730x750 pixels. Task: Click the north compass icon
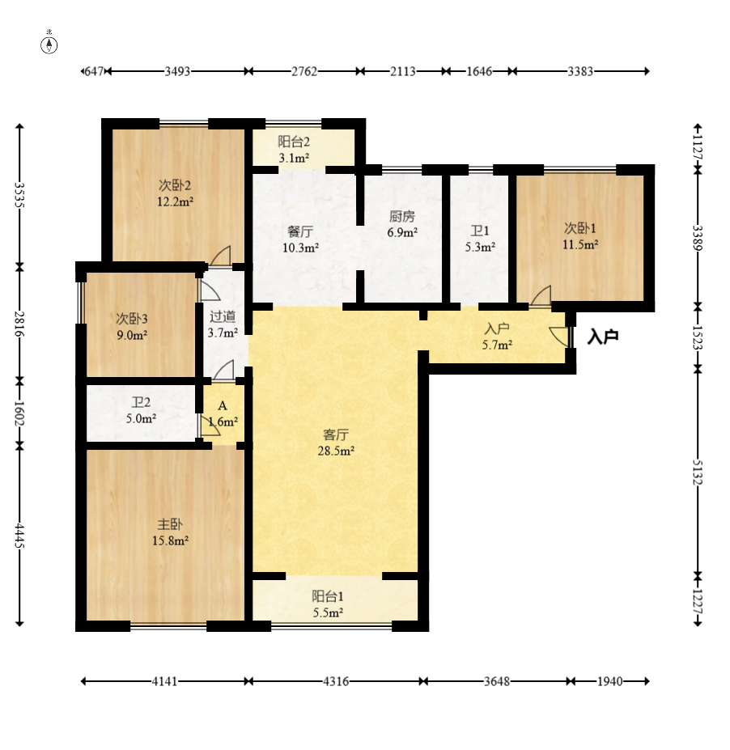(49, 44)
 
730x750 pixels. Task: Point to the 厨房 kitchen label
(401, 216)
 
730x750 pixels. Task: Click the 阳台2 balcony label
(295, 142)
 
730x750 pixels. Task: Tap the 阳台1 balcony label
(328, 596)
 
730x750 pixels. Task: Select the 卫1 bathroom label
(480, 231)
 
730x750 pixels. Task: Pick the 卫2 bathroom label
(142, 401)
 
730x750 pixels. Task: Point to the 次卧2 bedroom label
(175, 184)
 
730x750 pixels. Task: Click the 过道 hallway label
(223, 316)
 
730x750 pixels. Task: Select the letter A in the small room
(222, 405)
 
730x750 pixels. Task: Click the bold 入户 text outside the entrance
(602, 337)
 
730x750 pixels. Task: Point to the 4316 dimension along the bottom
(336, 681)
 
